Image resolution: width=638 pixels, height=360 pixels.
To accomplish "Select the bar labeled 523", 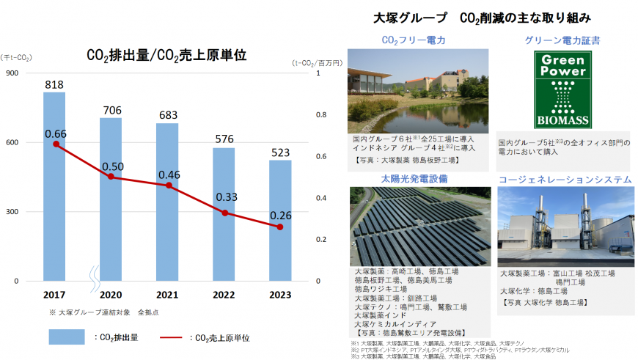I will pos(280,220).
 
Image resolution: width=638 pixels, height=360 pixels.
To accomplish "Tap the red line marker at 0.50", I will pos(110,177).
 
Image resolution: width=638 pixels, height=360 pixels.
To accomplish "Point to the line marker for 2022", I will pos(224,213).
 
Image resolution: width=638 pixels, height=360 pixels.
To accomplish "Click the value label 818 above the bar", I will pos(54,85).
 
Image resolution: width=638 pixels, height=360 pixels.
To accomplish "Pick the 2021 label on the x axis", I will pos(168,295).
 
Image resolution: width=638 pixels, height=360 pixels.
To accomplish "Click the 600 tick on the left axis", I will pos(15,142).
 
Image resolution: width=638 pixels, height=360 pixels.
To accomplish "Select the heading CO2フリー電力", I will pos(414,40).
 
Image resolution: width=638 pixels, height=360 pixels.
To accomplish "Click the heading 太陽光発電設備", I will pos(414,177).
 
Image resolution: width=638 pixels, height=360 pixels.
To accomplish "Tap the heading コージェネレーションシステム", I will pos(565,179).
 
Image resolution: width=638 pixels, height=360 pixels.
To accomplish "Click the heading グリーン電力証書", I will pos(563,40).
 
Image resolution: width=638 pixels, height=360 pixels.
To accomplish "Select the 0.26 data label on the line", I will pos(282,215).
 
